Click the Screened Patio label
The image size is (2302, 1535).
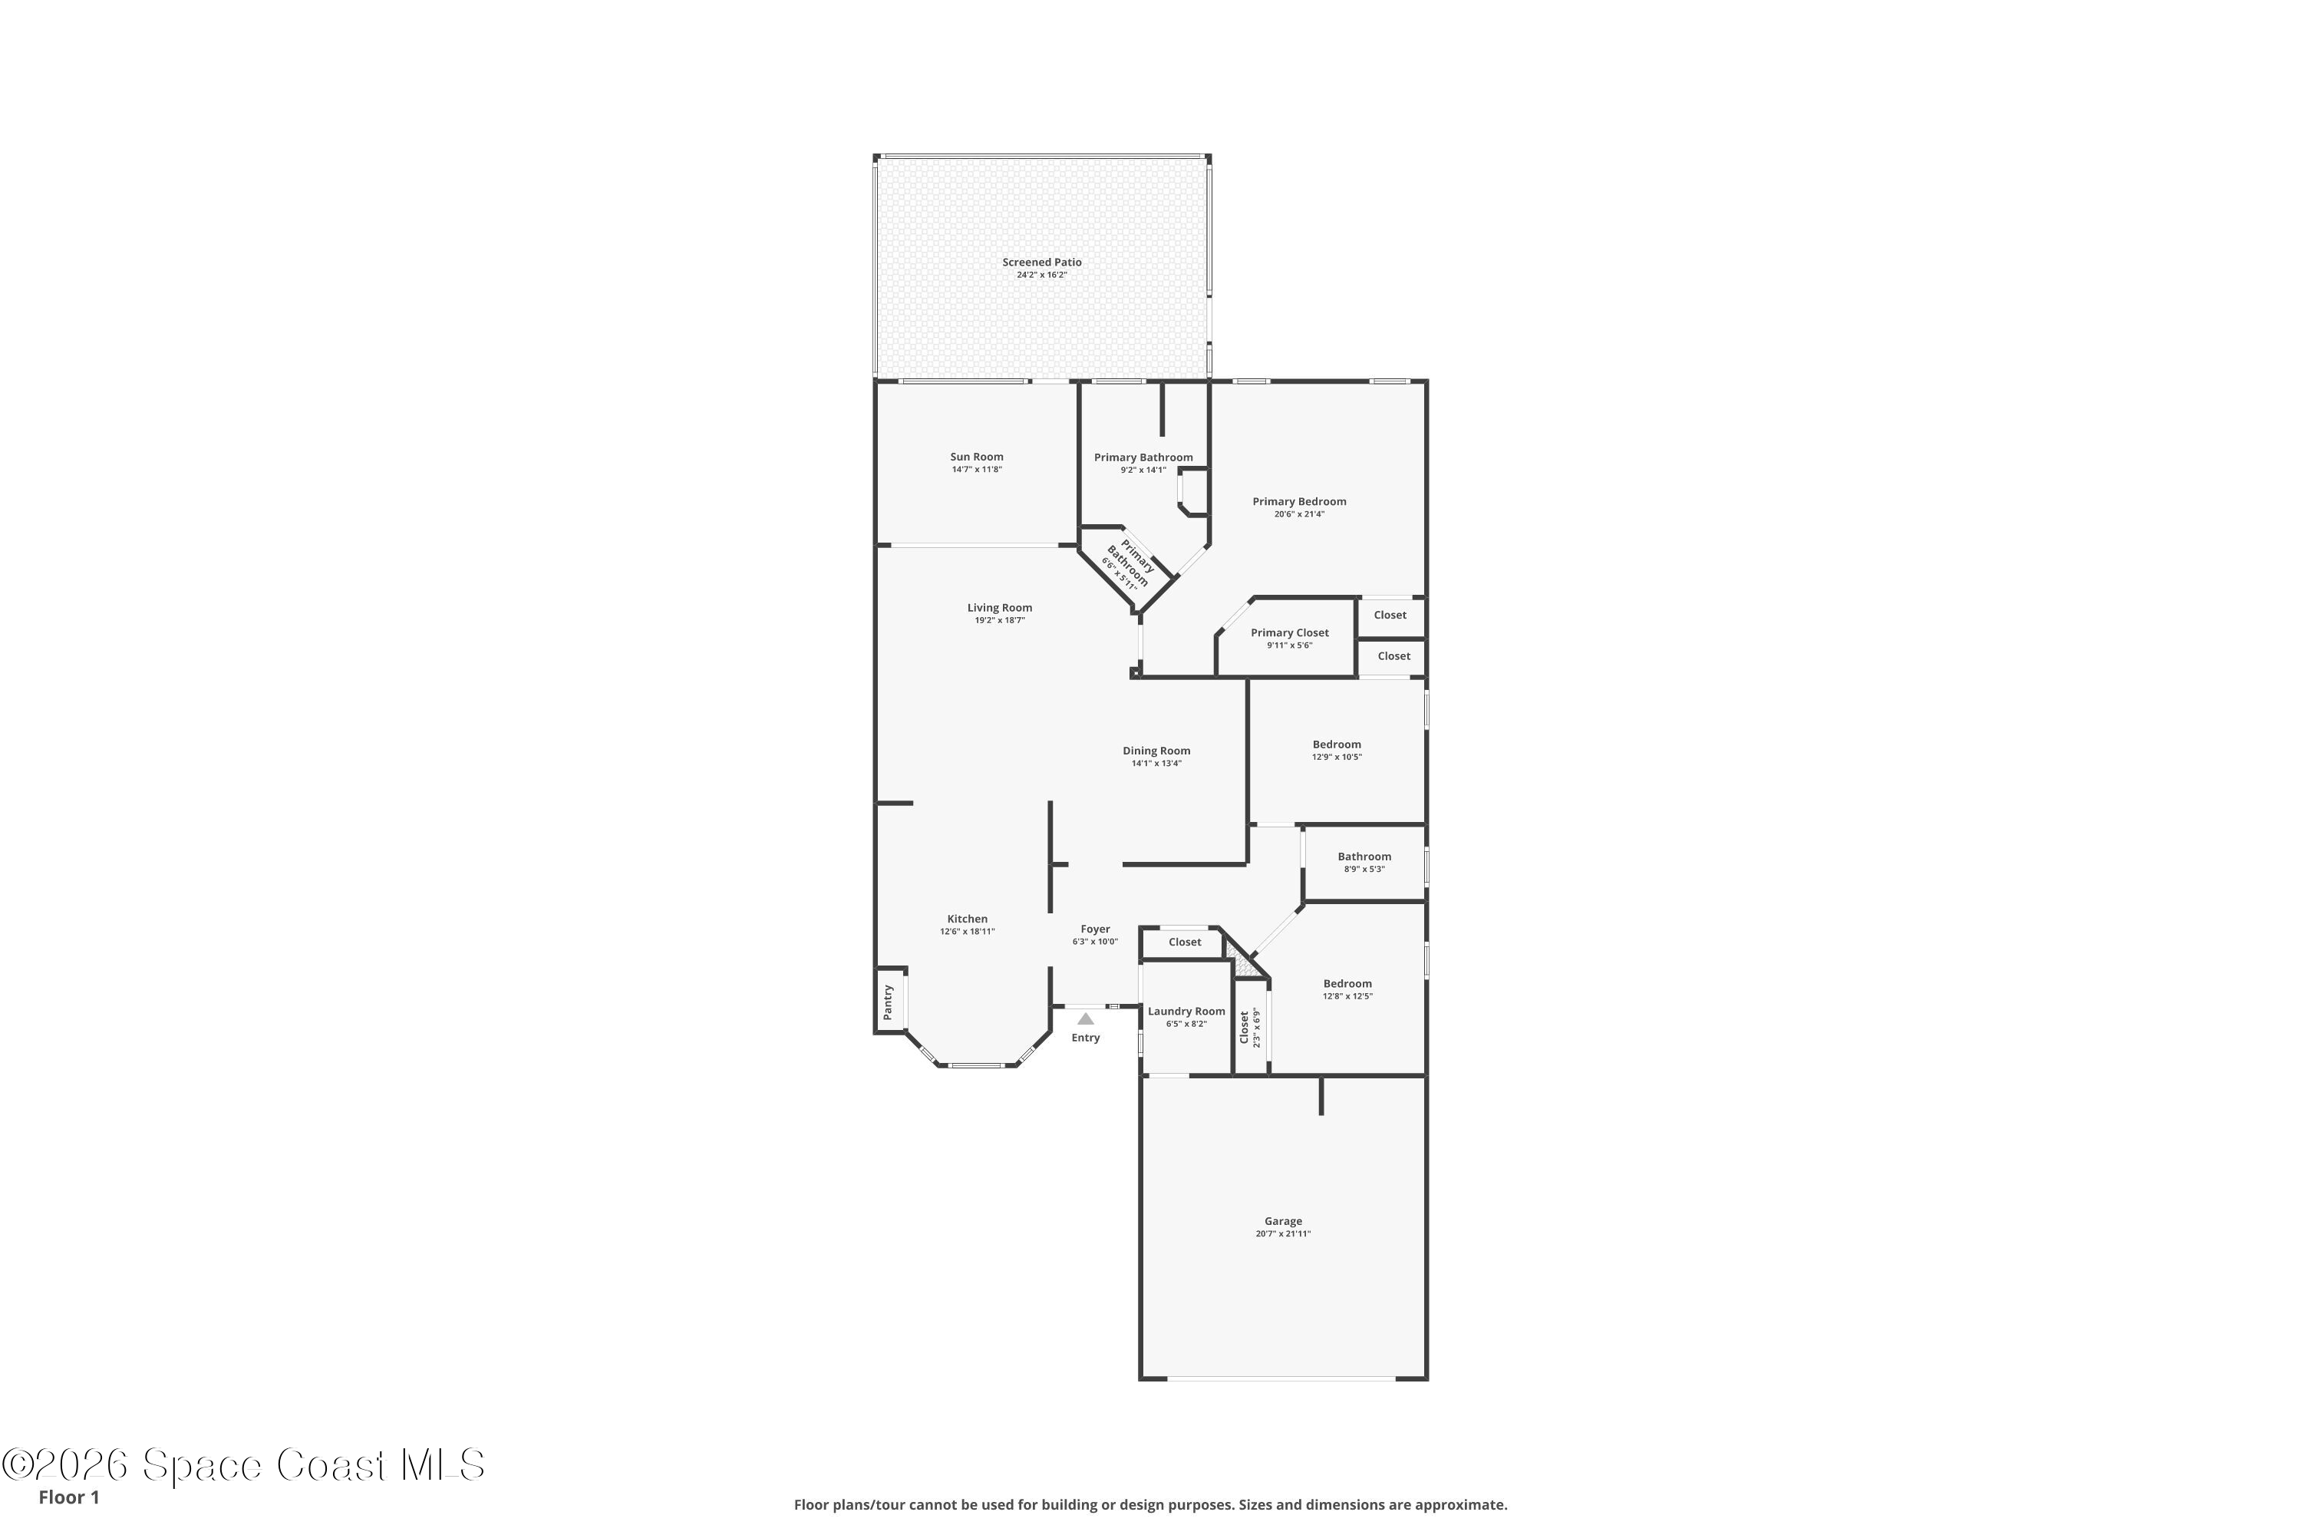click(x=1041, y=262)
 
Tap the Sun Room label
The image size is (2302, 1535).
click(x=977, y=457)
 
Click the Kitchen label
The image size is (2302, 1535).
click(x=967, y=919)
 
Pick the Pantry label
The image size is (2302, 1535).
click(x=888, y=1002)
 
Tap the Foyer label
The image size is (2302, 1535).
click(x=1095, y=929)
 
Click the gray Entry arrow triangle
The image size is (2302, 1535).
click(x=1086, y=1019)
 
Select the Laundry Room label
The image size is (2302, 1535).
click(x=1186, y=1012)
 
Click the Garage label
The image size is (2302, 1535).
click(x=1283, y=1221)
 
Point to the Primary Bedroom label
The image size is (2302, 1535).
click(x=1299, y=501)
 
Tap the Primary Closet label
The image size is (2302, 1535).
click(x=1290, y=632)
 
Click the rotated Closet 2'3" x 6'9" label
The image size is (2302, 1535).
click(x=1250, y=1028)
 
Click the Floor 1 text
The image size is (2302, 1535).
click(x=68, y=1497)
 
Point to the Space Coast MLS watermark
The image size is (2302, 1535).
click(x=244, y=1465)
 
